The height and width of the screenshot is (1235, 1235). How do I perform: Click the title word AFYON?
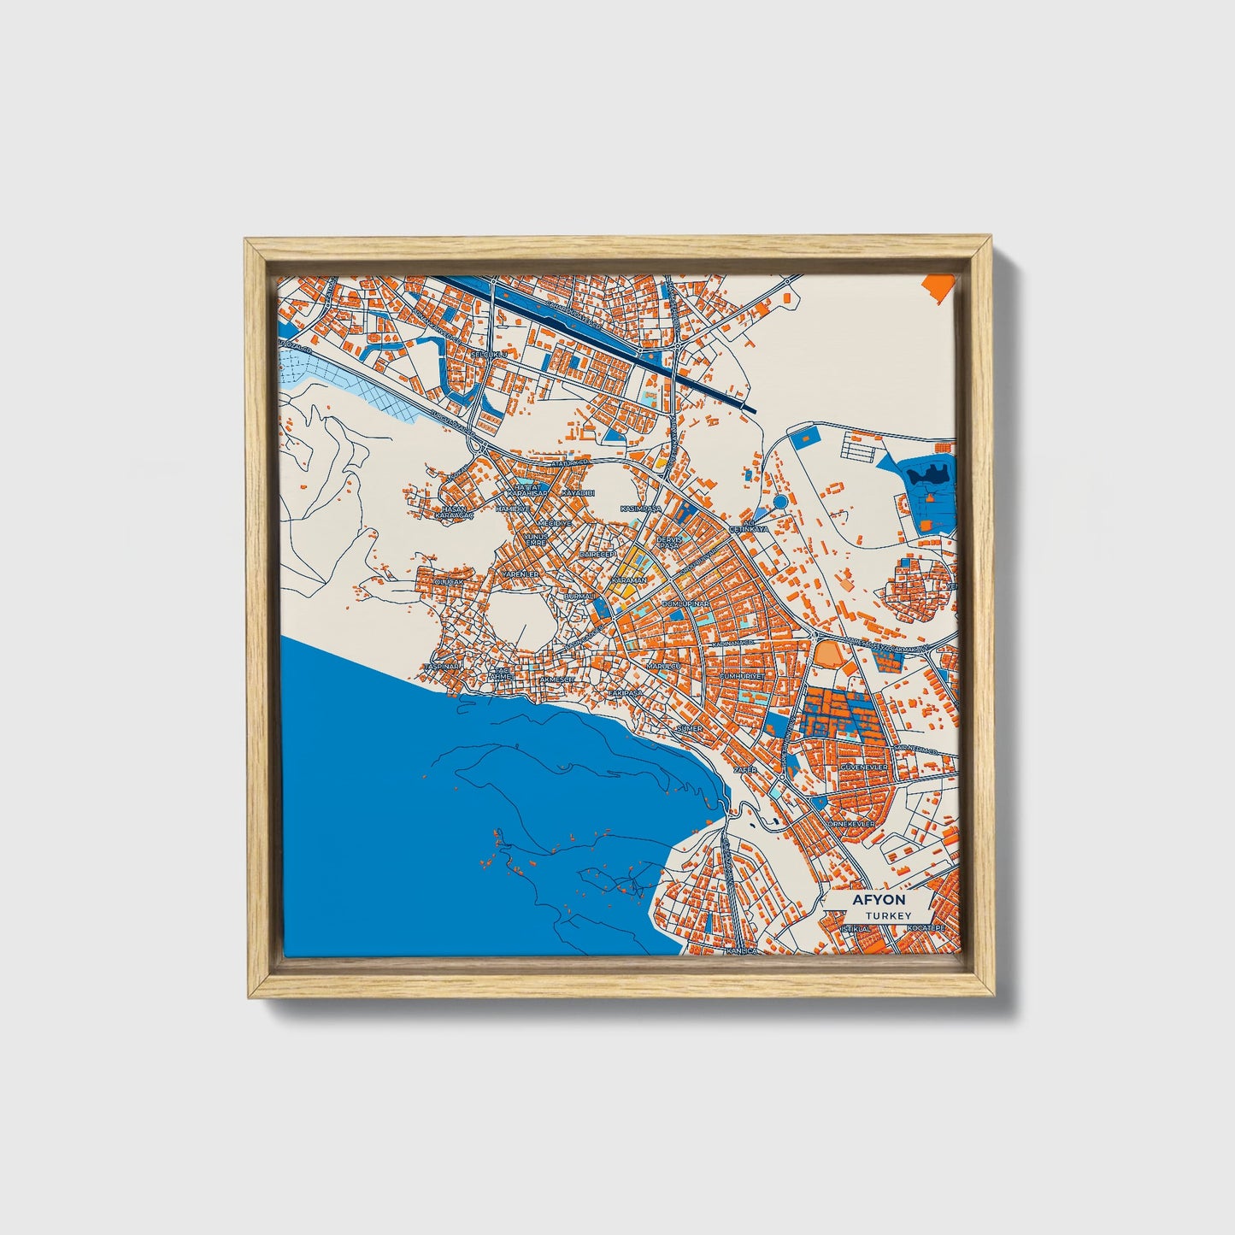879,901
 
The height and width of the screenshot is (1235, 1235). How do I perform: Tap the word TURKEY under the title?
887,915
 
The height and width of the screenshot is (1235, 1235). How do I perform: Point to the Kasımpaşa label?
641,509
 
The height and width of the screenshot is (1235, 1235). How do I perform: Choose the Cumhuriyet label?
746,674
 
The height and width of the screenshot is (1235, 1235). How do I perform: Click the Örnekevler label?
850,822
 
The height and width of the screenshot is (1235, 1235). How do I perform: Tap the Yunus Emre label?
536,539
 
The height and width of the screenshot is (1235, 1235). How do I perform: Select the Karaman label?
628,579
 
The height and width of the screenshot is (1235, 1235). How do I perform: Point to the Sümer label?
689,728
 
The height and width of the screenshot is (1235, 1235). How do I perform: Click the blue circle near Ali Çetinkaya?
779,502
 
